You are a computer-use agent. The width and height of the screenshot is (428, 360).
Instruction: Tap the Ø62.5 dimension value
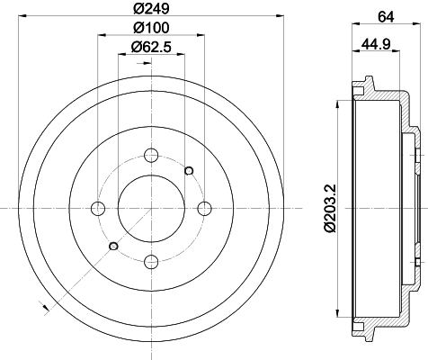click(x=151, y=48)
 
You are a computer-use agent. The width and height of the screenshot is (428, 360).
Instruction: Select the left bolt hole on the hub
click(x=98, y=209)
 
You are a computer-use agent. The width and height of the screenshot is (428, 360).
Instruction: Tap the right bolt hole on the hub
click(x=204, y=209)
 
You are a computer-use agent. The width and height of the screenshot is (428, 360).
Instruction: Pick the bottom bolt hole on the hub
click(x=151, y=262)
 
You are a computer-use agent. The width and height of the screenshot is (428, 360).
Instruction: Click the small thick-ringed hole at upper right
click(x=189, y=170)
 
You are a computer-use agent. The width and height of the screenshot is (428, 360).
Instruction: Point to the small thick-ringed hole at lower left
click(x=113, y=247)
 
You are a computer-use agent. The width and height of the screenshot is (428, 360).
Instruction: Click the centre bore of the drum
click(x=151, y=209)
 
